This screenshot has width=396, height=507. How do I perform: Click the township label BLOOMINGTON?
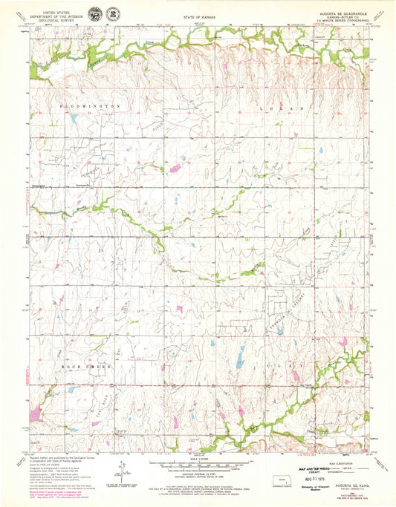90,107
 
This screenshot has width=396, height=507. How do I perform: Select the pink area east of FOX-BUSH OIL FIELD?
176,170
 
